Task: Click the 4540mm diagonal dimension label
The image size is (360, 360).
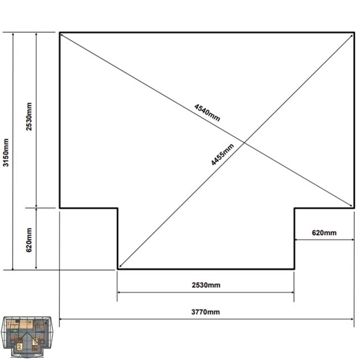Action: pyautogui.click(x=207, y=112)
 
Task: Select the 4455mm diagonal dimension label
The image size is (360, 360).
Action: pyautogui.click(x=223, y=155)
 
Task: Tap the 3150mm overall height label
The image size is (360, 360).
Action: pyautogui.click(x=6, y=152)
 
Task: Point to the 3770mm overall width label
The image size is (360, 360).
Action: pyautogui.click(x=205, y=312)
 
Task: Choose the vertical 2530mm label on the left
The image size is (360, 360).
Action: pyautogui.click(x=29, y=117)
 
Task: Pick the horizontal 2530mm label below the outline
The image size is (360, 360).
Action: pyautogui.click(x=206, y=285)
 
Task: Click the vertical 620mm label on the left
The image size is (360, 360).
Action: pyautogui.click(x=29, y=240)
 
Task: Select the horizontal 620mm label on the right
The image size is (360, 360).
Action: pyautogui.click(x=324, y=233)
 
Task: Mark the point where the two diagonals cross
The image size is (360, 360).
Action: pyautogui.click(x=244, y=143)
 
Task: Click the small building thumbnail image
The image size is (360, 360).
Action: pyautogui.click(x=27, y=337)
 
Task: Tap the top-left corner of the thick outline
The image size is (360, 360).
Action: pyautogui.click(x=60, y=33)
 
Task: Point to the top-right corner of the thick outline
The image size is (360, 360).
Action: pyautogui.click(x=354, y=33)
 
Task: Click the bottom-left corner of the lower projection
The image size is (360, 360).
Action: pyautogui.click(x=118, y=269)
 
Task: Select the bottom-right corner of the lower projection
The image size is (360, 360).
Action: pyautogui.click(x=294, y=269)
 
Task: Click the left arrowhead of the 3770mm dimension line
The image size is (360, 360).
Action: pyautogui.click(x=61, y=319)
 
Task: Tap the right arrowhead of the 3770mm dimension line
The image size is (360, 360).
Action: pyautogui.click(x=352, y=319)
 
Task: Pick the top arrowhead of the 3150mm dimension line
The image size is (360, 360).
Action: pyautogui.click(x=13, y=34)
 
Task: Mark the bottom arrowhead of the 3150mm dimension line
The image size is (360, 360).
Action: pyautogui.click(x=13, y=268)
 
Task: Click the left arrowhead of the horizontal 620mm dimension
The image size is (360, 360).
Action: pyautogui.click(x=296, y=240)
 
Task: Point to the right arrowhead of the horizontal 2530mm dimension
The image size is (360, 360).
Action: pyautogui.click(x=292, y=292)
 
